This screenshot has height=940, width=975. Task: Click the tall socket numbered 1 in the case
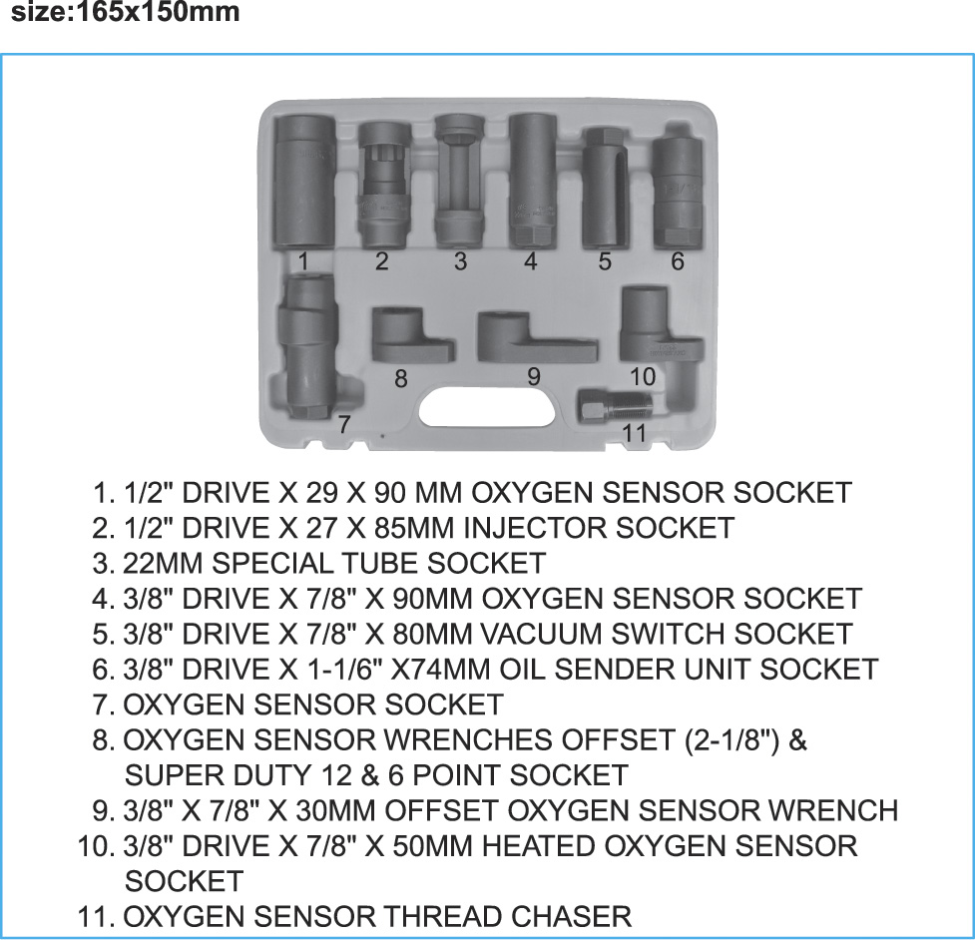pyautogui.click(x=304, y=183)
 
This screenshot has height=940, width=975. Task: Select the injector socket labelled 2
pyautogui.click(x=385, y=186)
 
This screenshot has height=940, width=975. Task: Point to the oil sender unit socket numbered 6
pyautogui.click(x=678, y=186)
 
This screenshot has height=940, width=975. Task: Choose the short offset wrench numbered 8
pyautogui.click(x=410, y=334)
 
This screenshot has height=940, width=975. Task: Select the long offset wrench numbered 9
pyautogui.click(x=536, y=337)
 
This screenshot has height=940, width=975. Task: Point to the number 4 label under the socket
pyautogui.click(x=530, y=261)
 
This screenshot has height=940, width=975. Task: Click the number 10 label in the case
pyautogui.click(x=643, y=376)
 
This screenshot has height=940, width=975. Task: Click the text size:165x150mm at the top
pyautogui.click(x=126, y=12)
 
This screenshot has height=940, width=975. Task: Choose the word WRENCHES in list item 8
pyautogui.click(x=468, y=739)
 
